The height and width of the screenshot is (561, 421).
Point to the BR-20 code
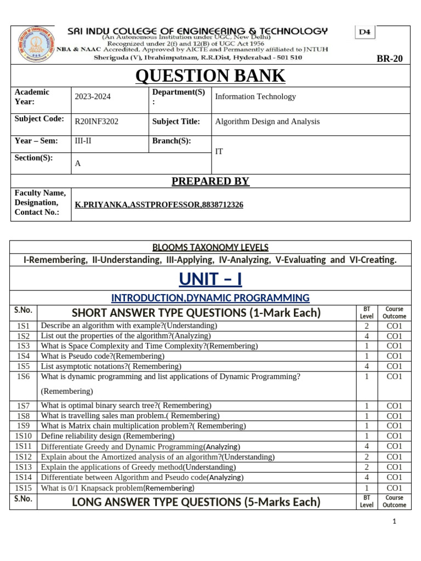(x=389, y=59)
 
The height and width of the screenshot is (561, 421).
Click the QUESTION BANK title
(x=210, y=76)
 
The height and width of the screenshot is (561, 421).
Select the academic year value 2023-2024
(x=93, y=96)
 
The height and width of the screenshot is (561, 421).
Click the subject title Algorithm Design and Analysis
(x=268, y=122)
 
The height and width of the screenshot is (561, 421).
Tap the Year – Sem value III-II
(x=84, y=141)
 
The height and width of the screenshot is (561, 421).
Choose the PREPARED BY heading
(x=210, y=181)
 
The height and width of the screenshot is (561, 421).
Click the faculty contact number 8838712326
(x=222, y=204)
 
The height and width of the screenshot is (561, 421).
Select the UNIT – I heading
(x=210, y=279)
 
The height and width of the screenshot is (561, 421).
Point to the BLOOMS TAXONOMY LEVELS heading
(x=210, y=248)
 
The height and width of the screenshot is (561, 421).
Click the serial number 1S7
(x=23, y=406)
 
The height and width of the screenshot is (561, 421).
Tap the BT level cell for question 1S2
(x=366, y=336)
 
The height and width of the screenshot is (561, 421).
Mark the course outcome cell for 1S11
(x=394, y=446)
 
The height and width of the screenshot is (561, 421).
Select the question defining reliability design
(x=108, y=436)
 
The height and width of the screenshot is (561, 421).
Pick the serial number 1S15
(x=24, y=488)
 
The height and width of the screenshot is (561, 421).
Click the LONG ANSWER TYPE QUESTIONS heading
(x=196, y=502)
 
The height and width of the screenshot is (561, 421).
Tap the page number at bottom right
(x=394, y=537)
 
